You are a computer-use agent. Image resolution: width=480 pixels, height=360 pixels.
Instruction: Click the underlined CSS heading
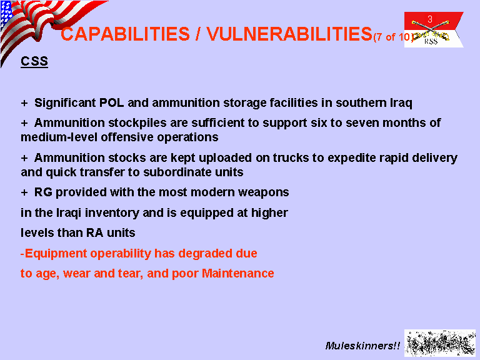click(x=34, y=61)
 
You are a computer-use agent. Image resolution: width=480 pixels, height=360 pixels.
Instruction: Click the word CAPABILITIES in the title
click(x=125, y=34)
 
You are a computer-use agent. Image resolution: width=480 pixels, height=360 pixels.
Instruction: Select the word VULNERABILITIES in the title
click(x=289, y=34)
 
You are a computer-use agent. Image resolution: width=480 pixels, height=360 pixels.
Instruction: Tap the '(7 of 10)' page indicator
click(x=393, y=37)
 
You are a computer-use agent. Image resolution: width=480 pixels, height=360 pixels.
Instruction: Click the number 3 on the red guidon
click(x=430, y=19)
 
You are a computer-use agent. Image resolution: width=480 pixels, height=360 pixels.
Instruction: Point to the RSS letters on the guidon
click(x=431, y=41)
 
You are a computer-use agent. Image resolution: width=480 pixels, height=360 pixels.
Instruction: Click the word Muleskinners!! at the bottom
click(x=362, y=346)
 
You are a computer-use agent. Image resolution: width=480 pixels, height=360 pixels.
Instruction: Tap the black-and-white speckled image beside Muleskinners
click(x=440, y=343)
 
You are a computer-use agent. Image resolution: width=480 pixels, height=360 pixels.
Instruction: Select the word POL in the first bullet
click(x=111, y=102)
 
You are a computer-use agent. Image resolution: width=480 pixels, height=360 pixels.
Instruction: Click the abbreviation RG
click(x=43, y=192)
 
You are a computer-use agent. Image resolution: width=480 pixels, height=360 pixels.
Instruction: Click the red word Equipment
click(x=56, y=254)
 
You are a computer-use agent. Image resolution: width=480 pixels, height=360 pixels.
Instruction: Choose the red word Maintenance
click(x=238, y=273)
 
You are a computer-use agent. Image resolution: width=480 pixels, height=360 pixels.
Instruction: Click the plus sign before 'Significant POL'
click(x=24, y=103)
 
